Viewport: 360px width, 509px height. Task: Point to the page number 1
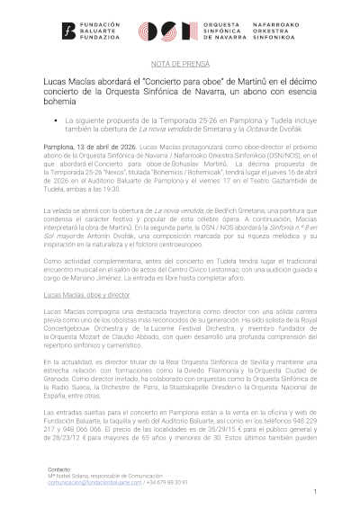pos(317,491)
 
